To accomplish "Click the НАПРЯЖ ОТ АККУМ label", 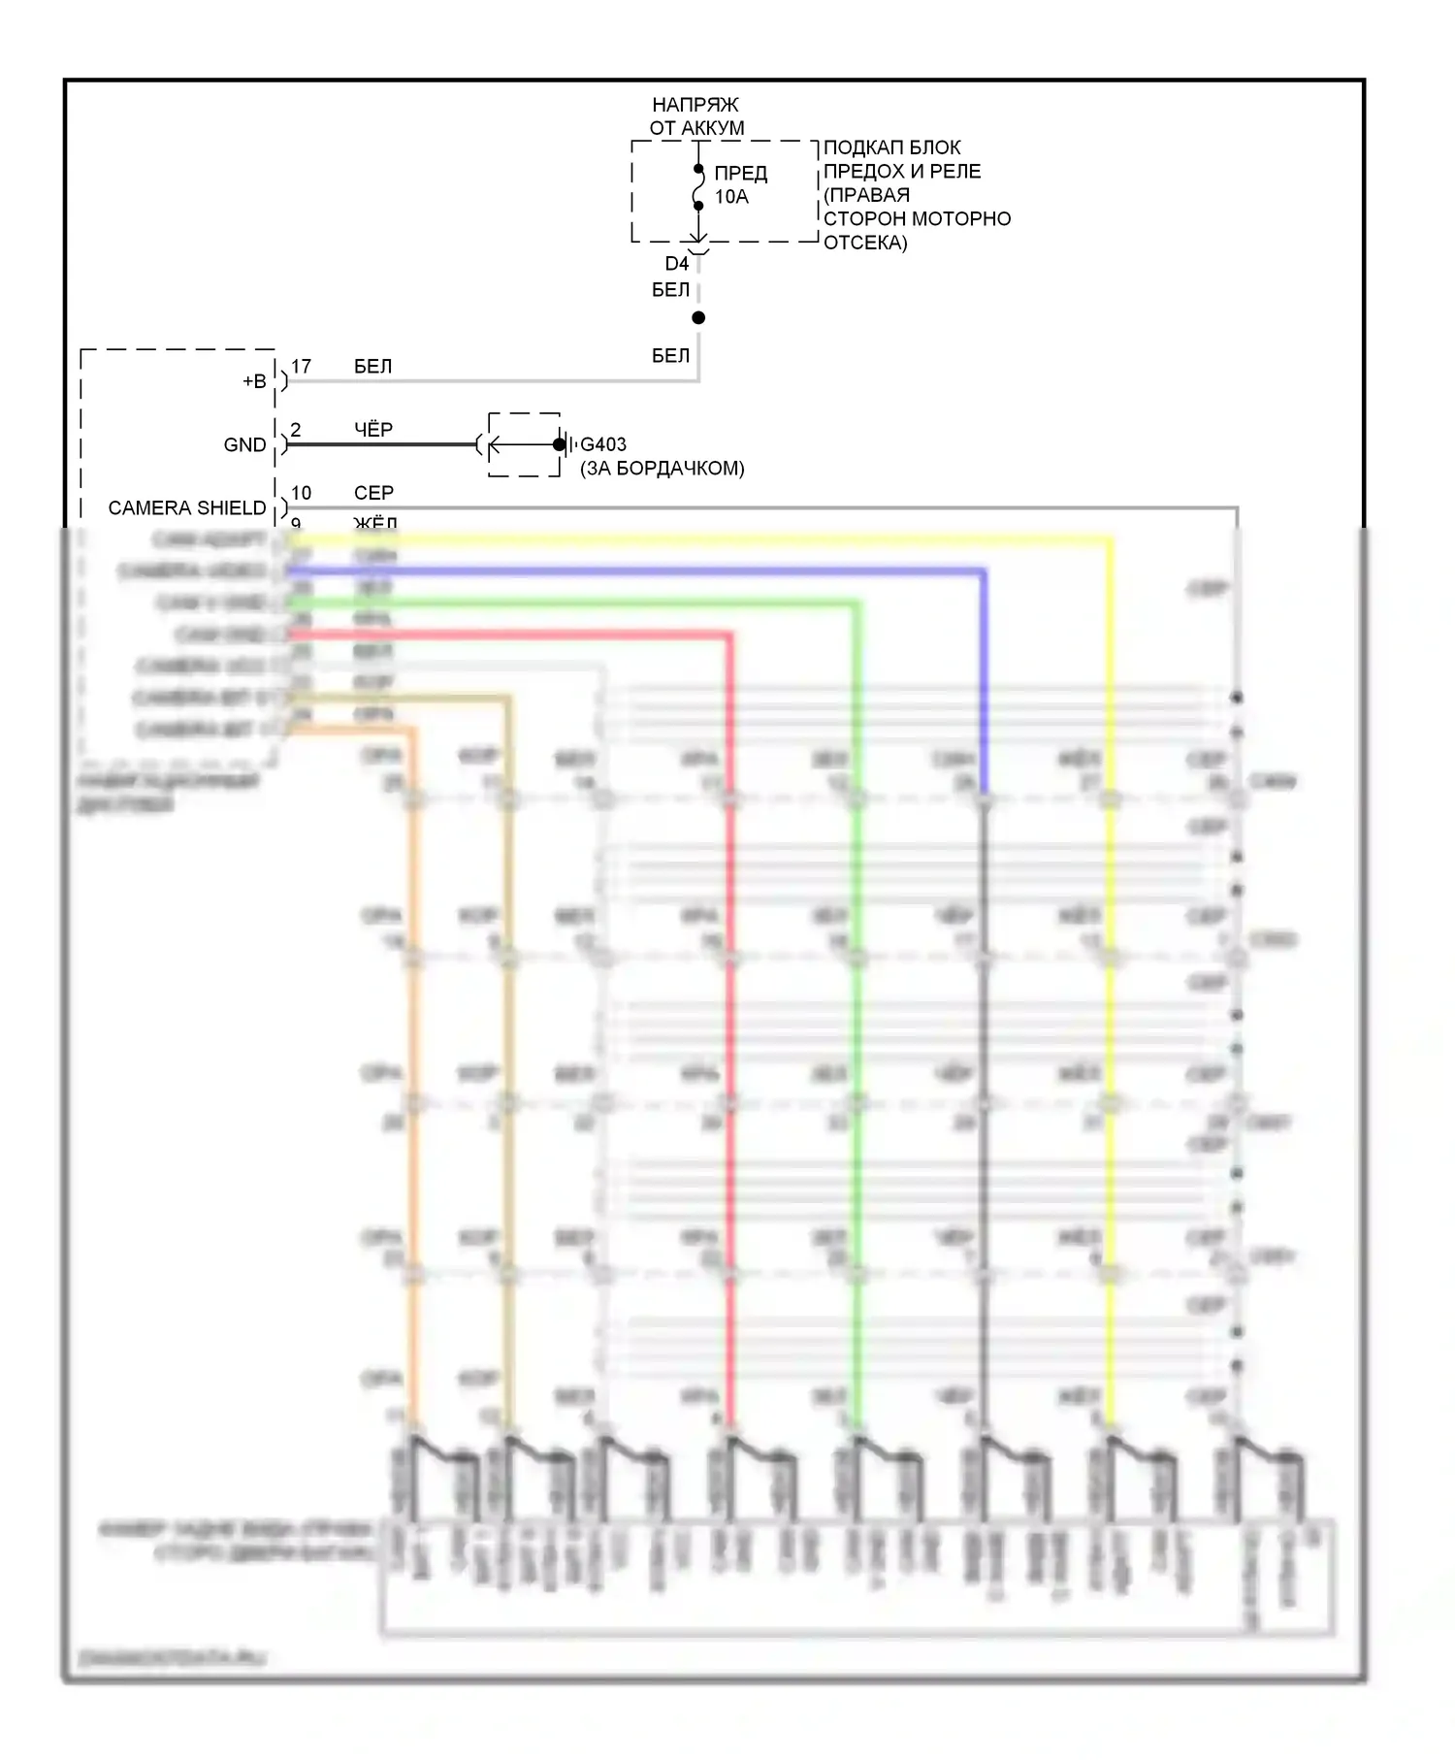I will click(695, 116).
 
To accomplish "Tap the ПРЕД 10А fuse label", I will click(740, 184).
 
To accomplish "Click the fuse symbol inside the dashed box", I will click(698, 187).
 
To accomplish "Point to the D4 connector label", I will click(676, 264).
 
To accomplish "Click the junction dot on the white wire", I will click(698, 318).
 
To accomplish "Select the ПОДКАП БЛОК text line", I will click(891, 148).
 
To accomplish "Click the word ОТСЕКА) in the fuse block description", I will click(865, 243).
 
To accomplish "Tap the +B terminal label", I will click(254, 381).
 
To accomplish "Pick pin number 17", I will click(301, 367).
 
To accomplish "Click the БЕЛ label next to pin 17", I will click(372, 367).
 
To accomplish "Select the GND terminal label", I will click(244, 445).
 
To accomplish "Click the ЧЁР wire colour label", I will click(373, 430).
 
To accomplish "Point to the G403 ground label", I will click(603, 444).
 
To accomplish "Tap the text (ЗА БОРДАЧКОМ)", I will click(663, 469).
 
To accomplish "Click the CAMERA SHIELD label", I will click(186, 508).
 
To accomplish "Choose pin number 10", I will click(301, 493).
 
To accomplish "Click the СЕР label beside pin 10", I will click(373, 493).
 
